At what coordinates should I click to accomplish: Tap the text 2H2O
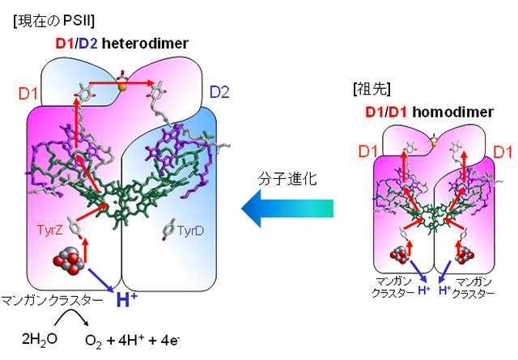pos(38,337)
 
